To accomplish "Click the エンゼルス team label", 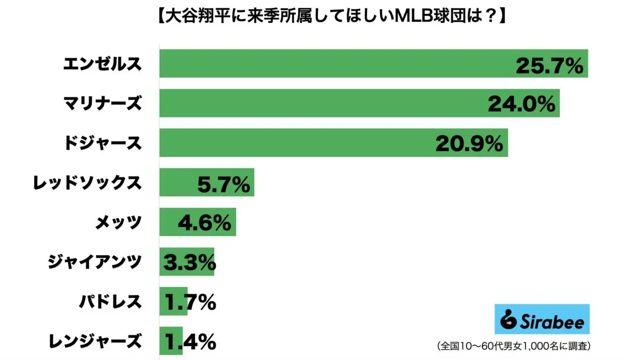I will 102,64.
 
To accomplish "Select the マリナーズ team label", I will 102,103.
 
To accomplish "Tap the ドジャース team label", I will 102,143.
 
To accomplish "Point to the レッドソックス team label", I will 87,182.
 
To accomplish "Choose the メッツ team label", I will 118,222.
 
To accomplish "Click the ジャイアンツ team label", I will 94,262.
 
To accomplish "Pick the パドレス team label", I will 110,301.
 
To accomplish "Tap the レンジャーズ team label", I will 94,341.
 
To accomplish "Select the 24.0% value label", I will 521,105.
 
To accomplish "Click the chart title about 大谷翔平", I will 310,17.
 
